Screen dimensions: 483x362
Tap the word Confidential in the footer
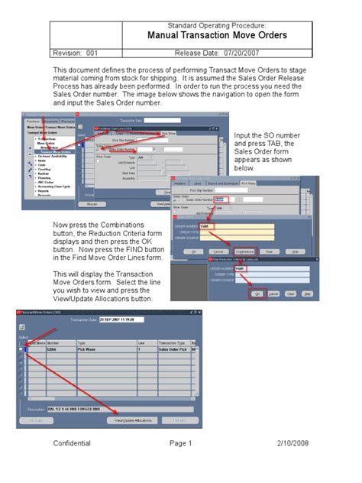(x=72, y=443)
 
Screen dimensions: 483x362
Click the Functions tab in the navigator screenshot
(x=33, y=121)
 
